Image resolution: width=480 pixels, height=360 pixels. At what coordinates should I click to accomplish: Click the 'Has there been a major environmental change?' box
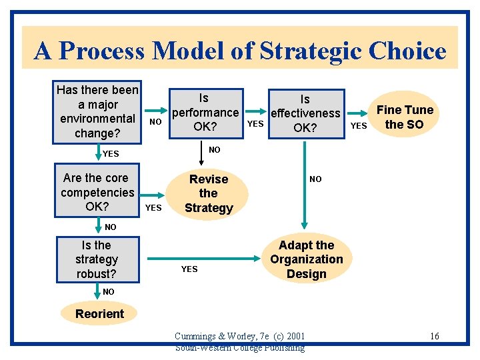tap(97, 112)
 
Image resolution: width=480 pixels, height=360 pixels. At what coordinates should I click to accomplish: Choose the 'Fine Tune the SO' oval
tap(405, 117)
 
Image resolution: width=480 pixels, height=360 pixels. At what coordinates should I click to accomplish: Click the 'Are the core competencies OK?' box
tap(97, 193)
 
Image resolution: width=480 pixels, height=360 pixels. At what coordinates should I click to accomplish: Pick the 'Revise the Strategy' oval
tap(209, 193)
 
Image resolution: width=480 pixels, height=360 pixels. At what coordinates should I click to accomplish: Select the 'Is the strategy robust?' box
tap(97, 259)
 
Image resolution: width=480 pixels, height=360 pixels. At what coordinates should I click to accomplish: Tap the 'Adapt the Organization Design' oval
tap(306, 259)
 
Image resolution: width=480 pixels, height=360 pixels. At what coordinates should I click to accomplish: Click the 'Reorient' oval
tap(99, 313)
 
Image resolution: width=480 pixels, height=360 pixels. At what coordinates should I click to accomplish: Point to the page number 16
tap(434, 336)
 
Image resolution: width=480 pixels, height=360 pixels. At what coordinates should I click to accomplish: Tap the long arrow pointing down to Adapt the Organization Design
tap(305, 187)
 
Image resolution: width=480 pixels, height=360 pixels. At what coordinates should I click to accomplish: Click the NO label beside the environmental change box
tap(155, 122)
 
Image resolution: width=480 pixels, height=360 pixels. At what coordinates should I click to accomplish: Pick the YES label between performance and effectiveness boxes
tap(255, 123)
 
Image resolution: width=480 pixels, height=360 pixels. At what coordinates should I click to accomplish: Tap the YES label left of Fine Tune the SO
tap(359, 125)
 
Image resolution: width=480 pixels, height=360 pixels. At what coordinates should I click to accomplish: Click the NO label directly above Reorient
tap(109, 292)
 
